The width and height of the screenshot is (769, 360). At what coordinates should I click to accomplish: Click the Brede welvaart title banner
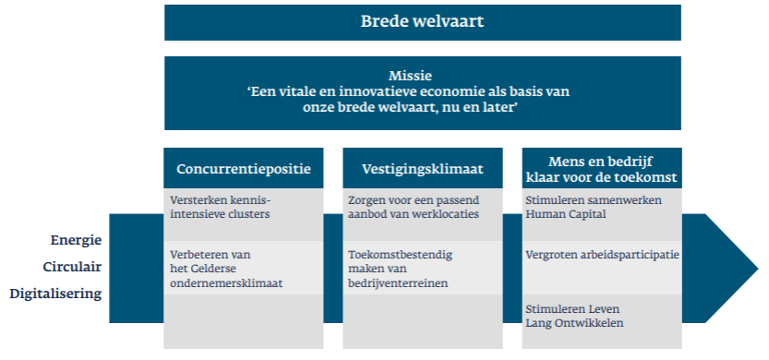pos(422,22)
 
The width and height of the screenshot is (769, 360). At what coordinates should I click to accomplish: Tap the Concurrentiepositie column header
pos(244,169)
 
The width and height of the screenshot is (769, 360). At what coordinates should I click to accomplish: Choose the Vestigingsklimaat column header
pos(423,169)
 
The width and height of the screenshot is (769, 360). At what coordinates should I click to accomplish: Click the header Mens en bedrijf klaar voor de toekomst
pos(601,169)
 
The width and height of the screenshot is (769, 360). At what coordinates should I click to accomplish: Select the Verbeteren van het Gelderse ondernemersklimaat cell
pos(244,268)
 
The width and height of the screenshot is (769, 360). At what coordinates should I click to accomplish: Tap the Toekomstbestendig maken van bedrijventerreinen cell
pos(423,268)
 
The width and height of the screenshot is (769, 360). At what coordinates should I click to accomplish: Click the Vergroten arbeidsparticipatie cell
pos(601,254)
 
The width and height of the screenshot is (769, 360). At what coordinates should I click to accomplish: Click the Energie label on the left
pos(77,240)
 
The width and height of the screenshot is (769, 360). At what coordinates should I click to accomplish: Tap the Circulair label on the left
pos(72,267)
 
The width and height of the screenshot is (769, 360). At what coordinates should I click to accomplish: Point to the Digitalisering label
pos(55,294)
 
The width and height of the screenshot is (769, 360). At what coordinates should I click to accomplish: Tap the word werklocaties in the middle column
pos(451,214)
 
